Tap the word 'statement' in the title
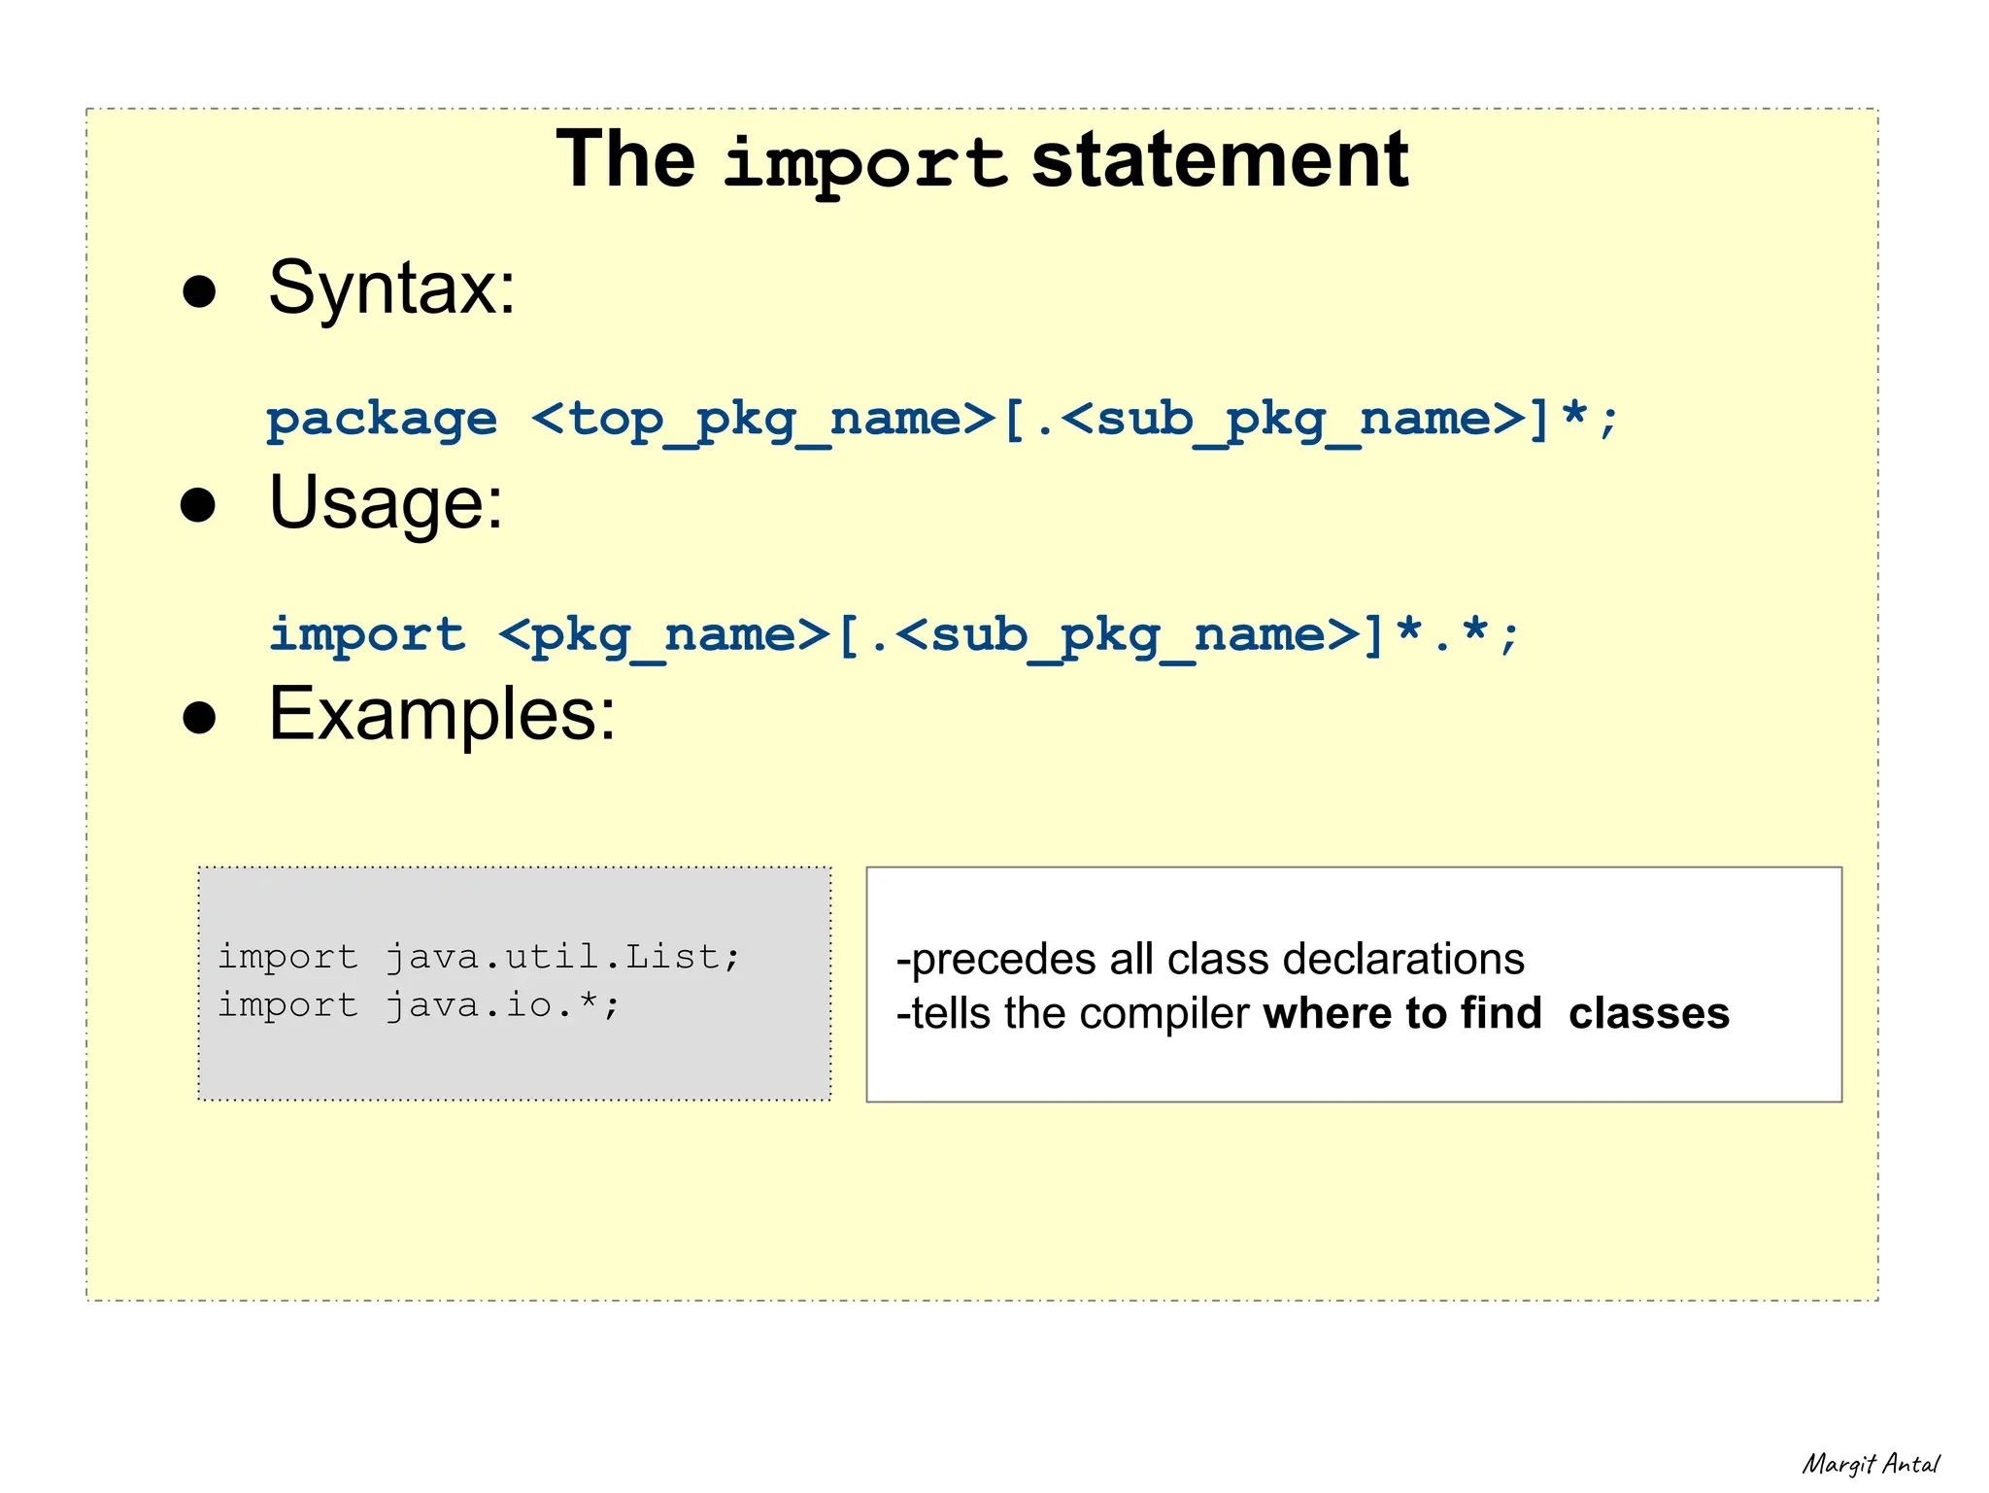pos(1219,159)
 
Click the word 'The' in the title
pos(625,159)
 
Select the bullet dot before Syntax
pos(199,291)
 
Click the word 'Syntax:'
pos(391,288)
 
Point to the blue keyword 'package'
pos(382,421)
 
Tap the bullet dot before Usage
pos(198,505)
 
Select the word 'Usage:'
pos(387,503)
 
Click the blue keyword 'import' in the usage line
pos(367,635)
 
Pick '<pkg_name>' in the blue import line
pos(664,635)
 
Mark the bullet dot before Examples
pos(199,718)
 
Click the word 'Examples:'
pos(442,715)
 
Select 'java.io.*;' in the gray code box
pos(502,1005)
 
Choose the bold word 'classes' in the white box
pos(1648,1013)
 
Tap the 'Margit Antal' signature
pos(1870,1464)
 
